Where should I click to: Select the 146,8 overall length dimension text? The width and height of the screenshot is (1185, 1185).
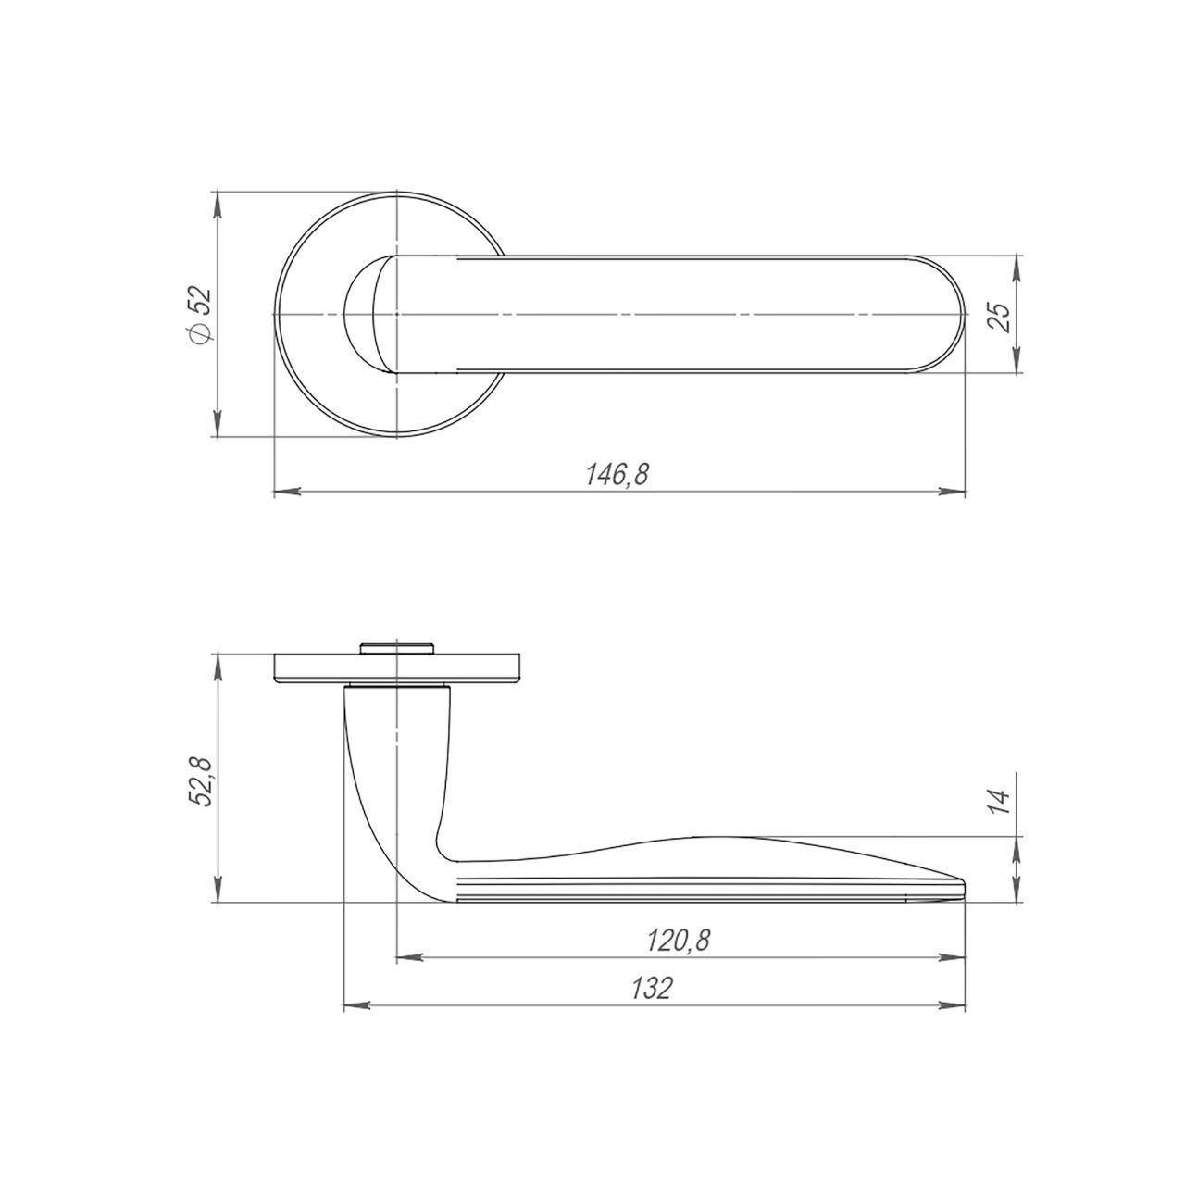pos(617,475)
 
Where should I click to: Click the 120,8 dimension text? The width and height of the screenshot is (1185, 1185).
pos(679,941)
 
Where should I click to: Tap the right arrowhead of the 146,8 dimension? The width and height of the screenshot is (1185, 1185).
pos(951,492)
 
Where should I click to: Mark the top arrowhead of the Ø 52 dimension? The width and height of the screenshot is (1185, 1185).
pos(217,206)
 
